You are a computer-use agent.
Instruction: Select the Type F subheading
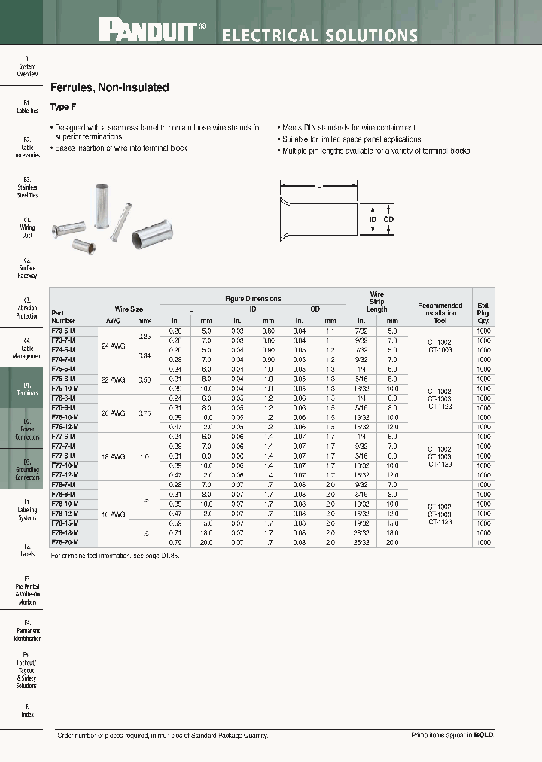click(x=62, y=107)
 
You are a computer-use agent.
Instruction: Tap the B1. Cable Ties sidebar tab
click(x=27, y=106)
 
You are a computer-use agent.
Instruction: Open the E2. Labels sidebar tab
click(x=27, y=550)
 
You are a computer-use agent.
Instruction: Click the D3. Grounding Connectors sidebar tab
click(x=27, y=469)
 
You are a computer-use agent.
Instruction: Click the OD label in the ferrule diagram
click(x=388, y=219)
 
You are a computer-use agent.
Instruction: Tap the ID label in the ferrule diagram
click(x=373, y=219)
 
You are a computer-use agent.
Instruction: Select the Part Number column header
click(x=64, y=315)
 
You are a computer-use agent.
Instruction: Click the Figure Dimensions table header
click(x=253, y=298)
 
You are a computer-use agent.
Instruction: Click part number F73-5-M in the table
click(x=63, y=331)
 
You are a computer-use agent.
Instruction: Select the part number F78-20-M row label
click(x=65, y=542)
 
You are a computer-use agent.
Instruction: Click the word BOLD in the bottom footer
click(x=483, y=735)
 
